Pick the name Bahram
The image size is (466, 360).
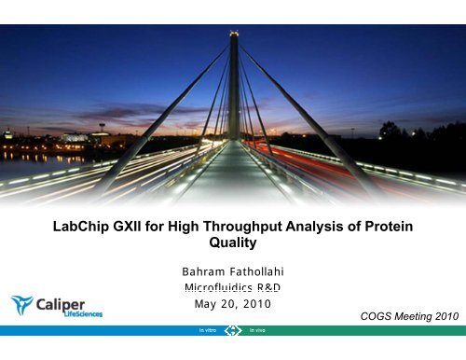pyautogui.click(x=203, y=271)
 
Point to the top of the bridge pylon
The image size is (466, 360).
pyautogui.click(x=233, y=35)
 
